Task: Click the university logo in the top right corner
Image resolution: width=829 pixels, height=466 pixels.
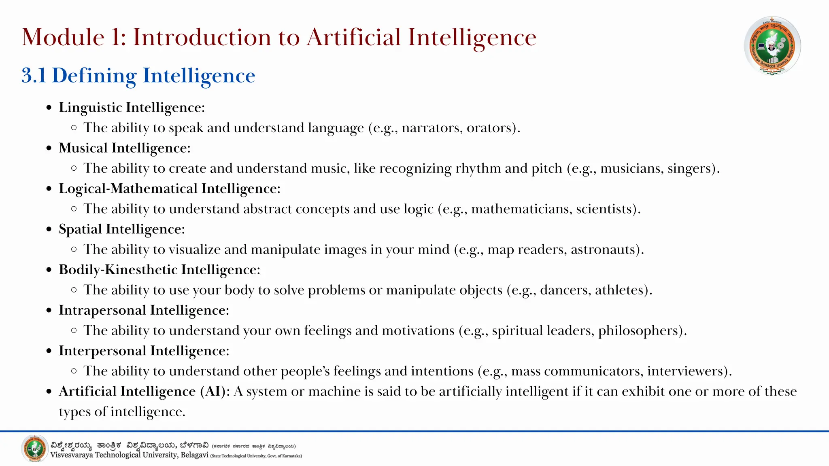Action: click(772, 46)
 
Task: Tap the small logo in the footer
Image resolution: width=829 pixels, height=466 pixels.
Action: click(35, 449)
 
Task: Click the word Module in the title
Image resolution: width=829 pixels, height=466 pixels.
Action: click(63, 37)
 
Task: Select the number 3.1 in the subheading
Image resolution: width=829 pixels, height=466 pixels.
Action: click(34, 76)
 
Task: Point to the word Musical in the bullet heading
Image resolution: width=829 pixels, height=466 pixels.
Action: click(83, 148)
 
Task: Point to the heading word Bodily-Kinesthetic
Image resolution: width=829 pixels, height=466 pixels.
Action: click(118, 270)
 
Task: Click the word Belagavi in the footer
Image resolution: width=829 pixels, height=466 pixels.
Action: click(194, 455)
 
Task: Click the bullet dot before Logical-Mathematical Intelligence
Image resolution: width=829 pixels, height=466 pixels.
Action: click(49, 189)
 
